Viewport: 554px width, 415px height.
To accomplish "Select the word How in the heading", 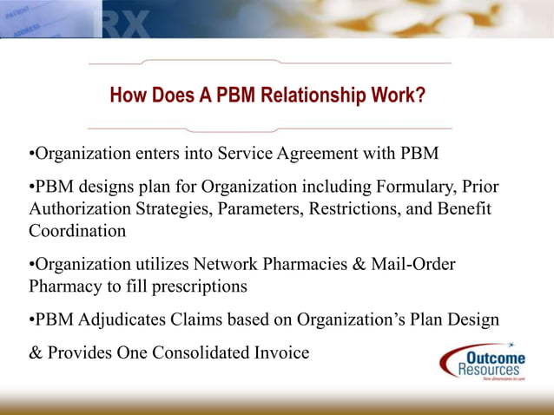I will pyautogui.click(x=127, y=94).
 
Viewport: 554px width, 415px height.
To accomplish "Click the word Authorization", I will pyautogui.click(x=80, y=209).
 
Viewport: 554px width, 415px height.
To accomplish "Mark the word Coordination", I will pyautogui.click(x=76, y=231).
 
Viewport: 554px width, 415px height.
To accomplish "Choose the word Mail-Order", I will pyautogui.click(x=407, y=264).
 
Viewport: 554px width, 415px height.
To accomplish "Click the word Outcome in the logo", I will pyautogui.click(x=495, y=359).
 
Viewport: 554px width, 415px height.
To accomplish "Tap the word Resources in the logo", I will pyautogui.click(x=489, y=371).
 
